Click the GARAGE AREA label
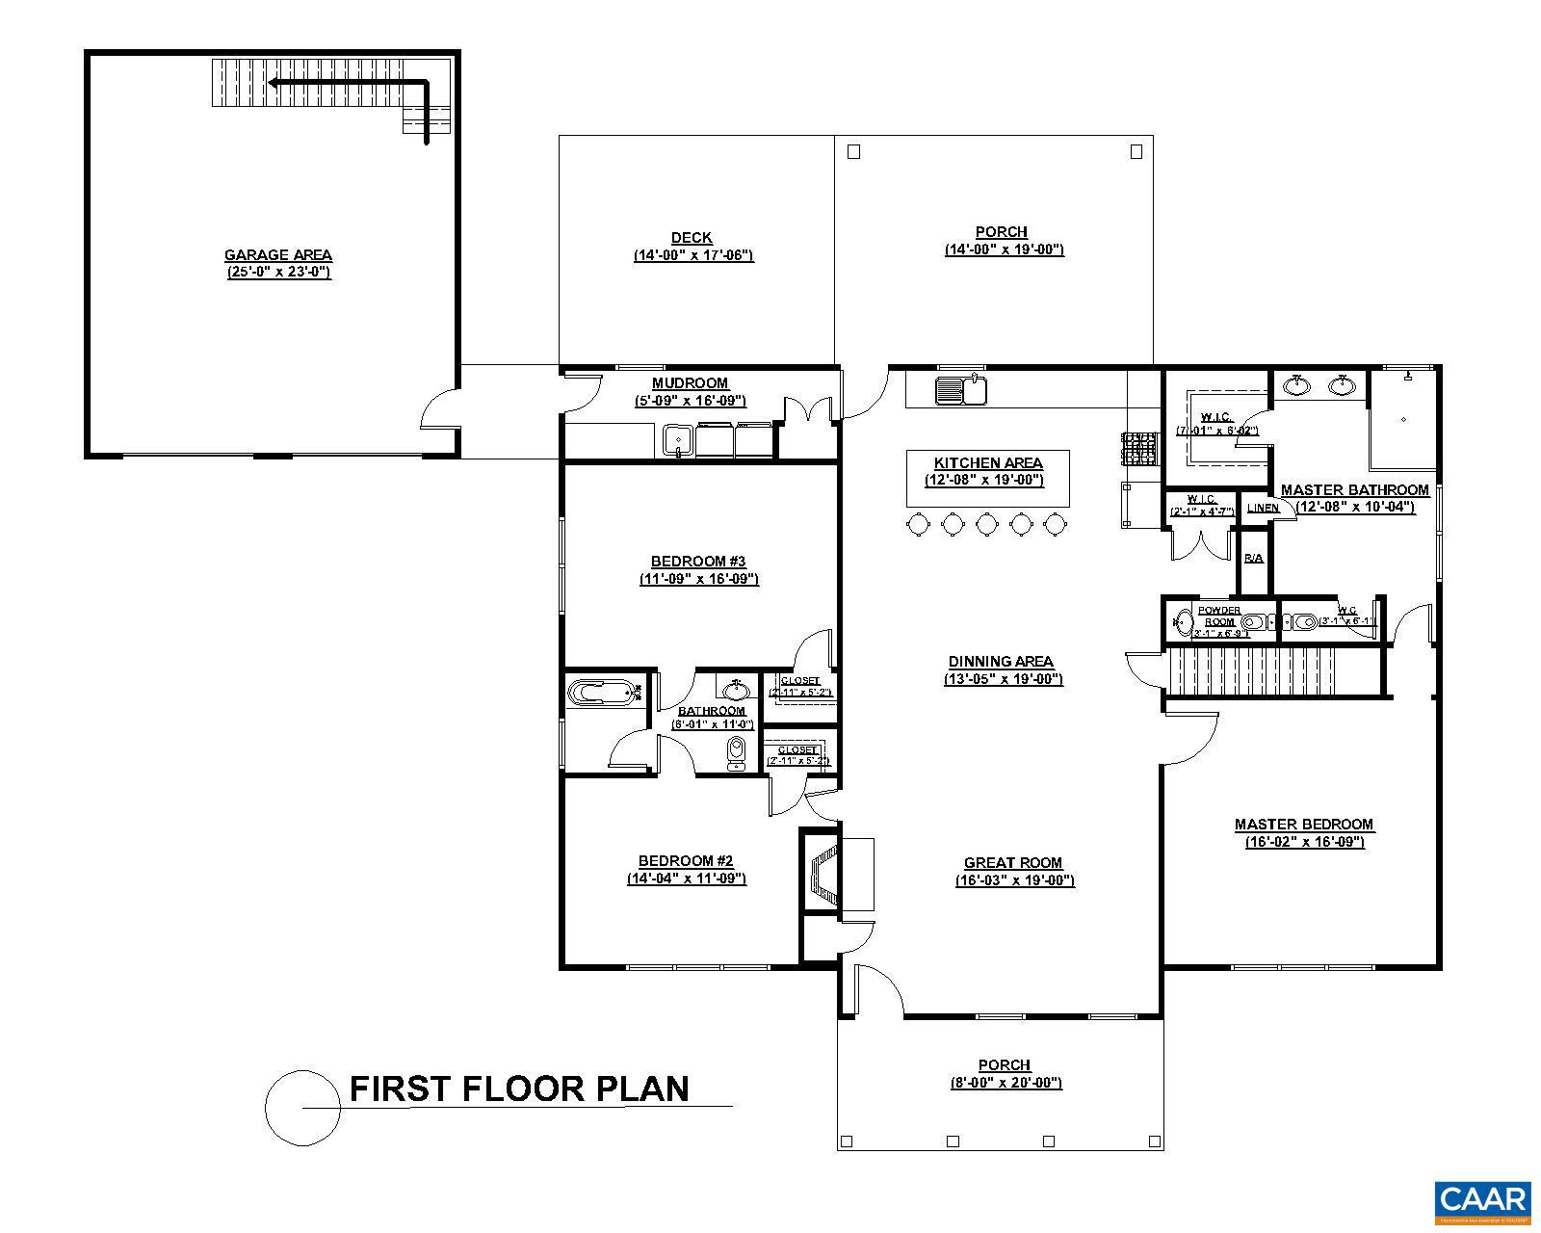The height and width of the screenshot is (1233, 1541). tap(277, 255)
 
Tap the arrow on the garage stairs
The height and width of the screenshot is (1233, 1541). tap(347, 84)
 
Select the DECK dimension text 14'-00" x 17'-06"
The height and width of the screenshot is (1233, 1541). tap(692, 255)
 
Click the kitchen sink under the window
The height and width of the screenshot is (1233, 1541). tap(961, 391)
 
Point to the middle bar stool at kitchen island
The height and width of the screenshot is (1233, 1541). tap(986, 524)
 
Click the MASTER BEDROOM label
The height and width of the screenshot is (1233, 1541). tap(1304, 825)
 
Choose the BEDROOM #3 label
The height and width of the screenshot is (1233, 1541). tap(698, 562)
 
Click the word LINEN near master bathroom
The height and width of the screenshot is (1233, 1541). tap(1263, 508)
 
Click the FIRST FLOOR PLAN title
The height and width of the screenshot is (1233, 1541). tap(519, 1089)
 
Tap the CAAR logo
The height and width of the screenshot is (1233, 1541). tap(1482, 1200)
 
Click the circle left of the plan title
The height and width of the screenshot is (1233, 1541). tap(302, 1108)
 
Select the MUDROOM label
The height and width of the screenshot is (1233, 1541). tap(690, 383)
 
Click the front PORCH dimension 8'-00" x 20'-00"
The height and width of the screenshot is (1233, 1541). tap(1005, 1083)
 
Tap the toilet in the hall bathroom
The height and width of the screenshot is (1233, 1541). tap(737, 753)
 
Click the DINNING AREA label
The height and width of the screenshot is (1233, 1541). tap(1001, 662)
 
